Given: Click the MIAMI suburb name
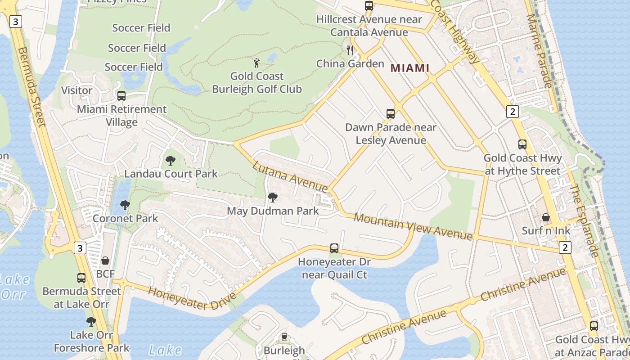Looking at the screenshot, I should (x=409, y=68).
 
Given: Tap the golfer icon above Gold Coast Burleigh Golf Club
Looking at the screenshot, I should (x=256, y=63).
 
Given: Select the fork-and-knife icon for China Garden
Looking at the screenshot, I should (x=350, y=50).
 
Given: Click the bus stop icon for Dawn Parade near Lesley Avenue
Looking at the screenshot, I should (x=391, y=114).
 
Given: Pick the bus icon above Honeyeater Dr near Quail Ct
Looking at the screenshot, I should (x=334, y=248).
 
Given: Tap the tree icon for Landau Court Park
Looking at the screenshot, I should (x=171, y=160).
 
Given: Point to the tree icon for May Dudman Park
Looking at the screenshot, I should (x=272, y=197).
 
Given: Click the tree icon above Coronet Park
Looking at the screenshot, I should (x=125, y=205).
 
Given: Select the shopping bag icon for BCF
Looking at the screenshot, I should (x=105, y=260).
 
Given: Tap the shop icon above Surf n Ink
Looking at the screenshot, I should (x=546, y=217).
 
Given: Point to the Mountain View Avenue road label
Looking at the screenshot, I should (x=413, y=226).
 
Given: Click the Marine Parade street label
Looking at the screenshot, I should (x=539, y=50).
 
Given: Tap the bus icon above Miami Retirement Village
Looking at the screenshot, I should (x=121, y=95).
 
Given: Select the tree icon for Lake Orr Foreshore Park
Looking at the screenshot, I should (x=91, y=321).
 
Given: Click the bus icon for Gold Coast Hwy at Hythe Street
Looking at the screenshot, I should (x=522, y=144).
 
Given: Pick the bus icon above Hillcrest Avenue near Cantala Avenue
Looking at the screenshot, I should (x=369, y=6).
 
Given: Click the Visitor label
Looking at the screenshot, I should (x=76, y=90).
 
